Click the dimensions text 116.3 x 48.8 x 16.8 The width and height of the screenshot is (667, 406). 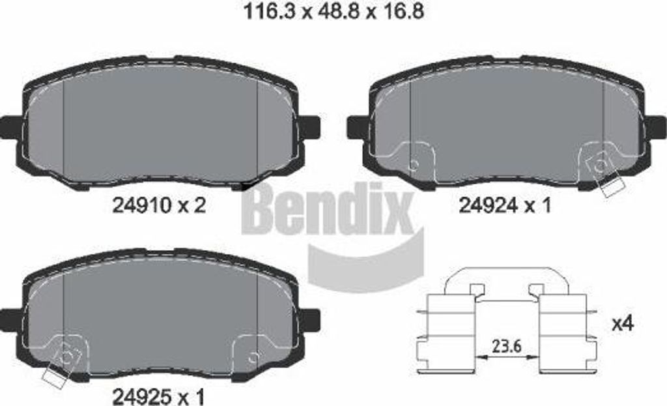(333, 12)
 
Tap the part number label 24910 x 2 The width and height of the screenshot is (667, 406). (159, 206)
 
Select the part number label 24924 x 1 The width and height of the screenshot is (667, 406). (505, 206)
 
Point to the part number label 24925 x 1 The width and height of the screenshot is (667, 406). (159, 395)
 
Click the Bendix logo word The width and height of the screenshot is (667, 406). (328, 210)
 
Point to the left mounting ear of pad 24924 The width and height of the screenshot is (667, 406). (357, 126)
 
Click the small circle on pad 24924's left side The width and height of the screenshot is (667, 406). (413, 164)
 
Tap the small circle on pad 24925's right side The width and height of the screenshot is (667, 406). (253, 356)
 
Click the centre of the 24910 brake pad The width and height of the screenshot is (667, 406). (160, 124)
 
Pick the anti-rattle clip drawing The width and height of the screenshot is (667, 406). (506, 319)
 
